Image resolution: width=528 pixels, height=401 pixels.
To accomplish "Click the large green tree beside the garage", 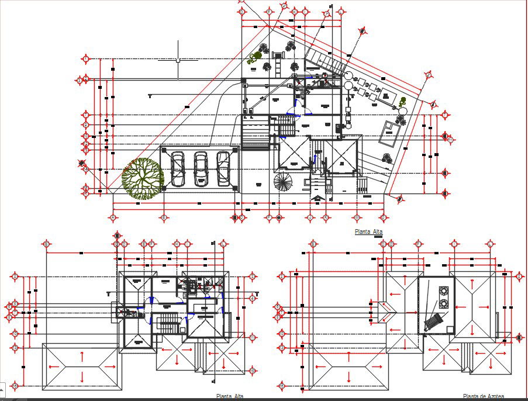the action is (x=142, y=178).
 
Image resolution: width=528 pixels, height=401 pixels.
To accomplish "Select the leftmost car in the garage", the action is (x=177, y=167).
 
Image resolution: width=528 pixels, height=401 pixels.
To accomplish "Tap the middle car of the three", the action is (x=201, y=167).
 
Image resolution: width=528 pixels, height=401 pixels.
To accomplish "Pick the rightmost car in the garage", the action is (x=223, y=167).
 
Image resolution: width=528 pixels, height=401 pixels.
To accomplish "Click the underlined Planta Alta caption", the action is (x=368, y=232).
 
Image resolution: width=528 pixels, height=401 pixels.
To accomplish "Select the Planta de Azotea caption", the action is (x=483, y=396).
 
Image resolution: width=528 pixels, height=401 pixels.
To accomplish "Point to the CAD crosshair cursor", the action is (x=178, y=60).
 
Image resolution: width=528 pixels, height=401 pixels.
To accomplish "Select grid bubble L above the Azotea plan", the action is (x=489, y=243).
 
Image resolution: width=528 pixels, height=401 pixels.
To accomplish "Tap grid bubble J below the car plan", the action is (x=310, y=217).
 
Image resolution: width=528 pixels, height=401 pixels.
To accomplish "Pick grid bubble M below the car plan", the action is (x=325, y=217).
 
